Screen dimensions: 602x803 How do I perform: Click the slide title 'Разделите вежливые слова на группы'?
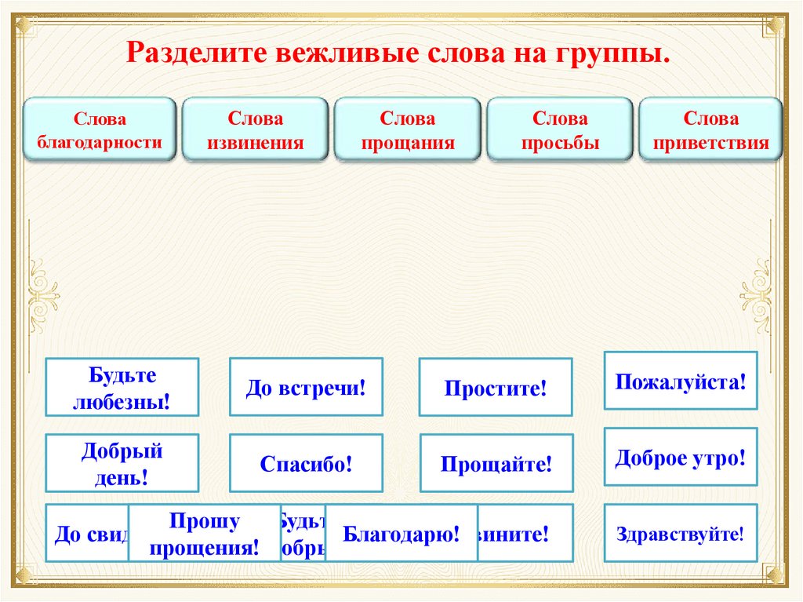point(399,55)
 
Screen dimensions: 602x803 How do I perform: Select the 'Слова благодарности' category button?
point(99,130)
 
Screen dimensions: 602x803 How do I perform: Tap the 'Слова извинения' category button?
point(255,130)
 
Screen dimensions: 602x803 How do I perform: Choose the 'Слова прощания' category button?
point(408,130)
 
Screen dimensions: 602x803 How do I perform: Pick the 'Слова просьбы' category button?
point(560,130)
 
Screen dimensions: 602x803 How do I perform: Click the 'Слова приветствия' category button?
point(711,130)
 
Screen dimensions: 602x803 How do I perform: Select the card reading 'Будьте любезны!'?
point(122,387)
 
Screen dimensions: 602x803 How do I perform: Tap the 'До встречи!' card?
point(306,387)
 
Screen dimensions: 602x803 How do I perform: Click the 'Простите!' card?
point(496,387)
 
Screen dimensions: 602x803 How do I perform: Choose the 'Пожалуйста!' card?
point(681,381)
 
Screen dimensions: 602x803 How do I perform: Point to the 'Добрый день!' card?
point(122,463)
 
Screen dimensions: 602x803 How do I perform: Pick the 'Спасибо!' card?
point(306,463)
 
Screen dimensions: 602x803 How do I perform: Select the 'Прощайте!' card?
point(496,463)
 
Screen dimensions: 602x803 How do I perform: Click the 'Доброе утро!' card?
point(681,457)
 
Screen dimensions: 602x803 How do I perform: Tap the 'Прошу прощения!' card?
point(204,534)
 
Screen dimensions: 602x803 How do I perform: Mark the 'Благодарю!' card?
point(401,534)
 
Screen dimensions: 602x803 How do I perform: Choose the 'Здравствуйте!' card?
point(681,534)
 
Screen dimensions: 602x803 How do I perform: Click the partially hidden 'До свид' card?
point(87,534)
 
